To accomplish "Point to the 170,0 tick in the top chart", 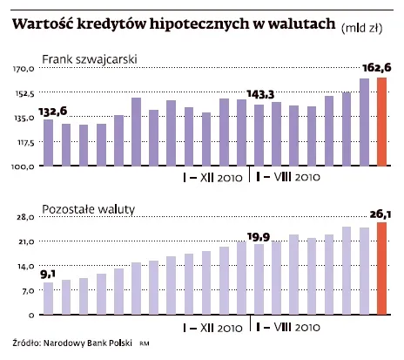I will pos(23,68).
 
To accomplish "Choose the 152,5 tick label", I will pos(23,92).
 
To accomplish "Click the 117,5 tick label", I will pos(23,141).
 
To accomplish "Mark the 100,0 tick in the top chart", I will pos(23,166).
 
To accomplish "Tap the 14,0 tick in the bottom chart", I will pos(24,266).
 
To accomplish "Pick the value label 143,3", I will pos(260,93).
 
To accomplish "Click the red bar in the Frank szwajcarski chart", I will pos(380,121).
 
